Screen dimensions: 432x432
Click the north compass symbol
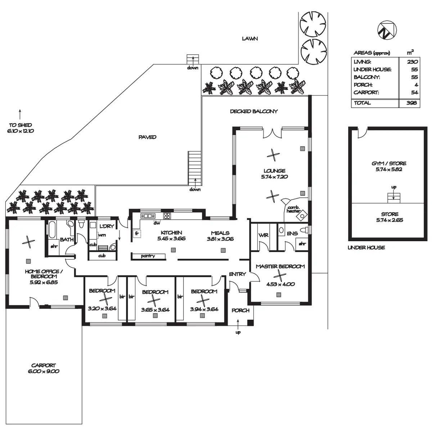[x=387, y=30]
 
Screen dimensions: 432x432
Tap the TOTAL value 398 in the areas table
[x=411, y=103]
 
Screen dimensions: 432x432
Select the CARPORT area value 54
[x=414, y=93]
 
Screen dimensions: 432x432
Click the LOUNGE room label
[x=274, y=171]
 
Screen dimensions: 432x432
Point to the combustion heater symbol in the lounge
[x=301, y=215]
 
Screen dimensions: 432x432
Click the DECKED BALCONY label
[x=254, y=111]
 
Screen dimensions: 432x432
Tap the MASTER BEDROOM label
[x=280, y=266]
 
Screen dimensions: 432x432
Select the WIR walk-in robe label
[x=263, y=235]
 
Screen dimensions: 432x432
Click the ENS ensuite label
[x=292, y=234]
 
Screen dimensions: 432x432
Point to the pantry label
[x=148, y=256]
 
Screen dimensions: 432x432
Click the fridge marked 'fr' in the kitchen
[x=137, y=233]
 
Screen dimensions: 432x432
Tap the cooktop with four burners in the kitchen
[x=167, y=216]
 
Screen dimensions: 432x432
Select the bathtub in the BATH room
[x=51, y=230]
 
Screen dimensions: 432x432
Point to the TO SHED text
[x=21, y=125]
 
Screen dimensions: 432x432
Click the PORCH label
[x=240, y=310]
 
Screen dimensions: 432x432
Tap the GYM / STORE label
[x=389, y=163]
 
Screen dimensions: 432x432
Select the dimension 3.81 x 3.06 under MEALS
[x=220, y=239]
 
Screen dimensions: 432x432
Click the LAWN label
[x=250, y=39]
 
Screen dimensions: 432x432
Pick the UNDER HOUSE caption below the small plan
[x=366, y=247]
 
